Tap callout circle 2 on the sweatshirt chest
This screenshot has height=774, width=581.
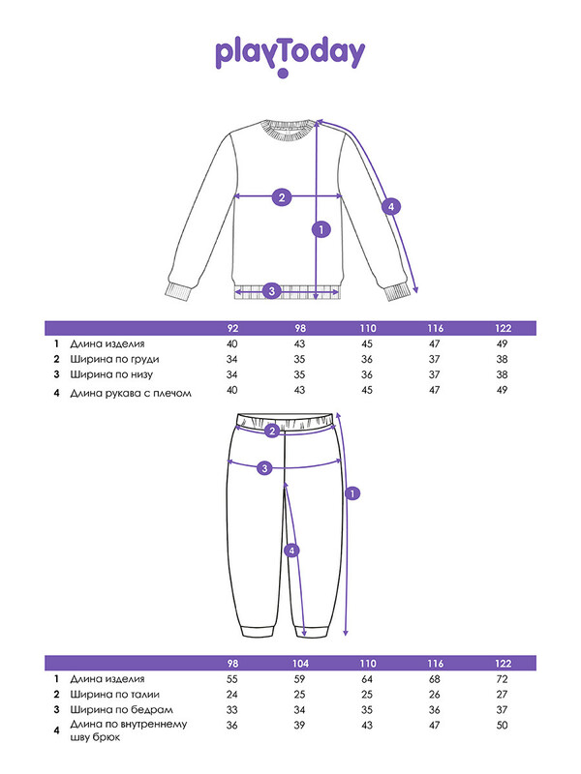(282, 197)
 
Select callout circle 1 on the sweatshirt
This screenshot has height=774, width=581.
(321, 229)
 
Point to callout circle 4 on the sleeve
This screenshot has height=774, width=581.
(391, 206)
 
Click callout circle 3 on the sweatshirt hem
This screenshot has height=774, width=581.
(271, 291)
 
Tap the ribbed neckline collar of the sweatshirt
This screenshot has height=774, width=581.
(288, 131)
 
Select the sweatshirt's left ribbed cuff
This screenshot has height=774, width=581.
(178, 291)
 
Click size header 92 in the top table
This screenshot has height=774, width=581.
(232, 328)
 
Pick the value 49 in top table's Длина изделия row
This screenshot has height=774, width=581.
(502, 343)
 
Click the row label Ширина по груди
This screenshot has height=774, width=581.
(114, 359)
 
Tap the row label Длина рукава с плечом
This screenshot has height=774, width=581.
(131, 394)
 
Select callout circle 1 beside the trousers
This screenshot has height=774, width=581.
(352, 493)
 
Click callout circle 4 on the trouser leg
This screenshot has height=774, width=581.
(291, 551)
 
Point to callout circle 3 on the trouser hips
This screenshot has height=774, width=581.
(264, 468)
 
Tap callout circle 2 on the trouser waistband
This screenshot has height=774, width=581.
(272, 431)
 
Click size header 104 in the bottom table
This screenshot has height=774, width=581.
(300, 664)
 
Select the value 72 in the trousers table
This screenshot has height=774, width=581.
(502, 679)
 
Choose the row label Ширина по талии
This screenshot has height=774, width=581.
(114, 695)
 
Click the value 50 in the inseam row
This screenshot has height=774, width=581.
(502, 725)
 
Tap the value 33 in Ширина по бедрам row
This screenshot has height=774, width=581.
(231, 710)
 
